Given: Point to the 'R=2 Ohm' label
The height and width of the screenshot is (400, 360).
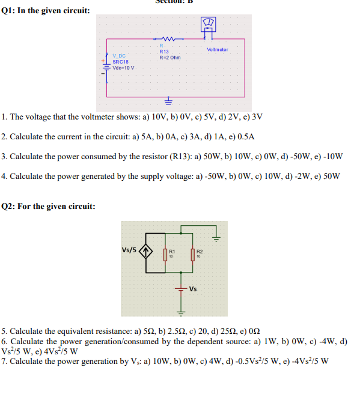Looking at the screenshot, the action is coord(169,58).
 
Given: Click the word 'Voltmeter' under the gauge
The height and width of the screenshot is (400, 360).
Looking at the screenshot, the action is coord(217,49).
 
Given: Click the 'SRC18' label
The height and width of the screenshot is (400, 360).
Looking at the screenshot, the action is coord(121,61).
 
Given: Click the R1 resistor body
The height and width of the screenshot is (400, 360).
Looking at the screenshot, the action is coord(165,254).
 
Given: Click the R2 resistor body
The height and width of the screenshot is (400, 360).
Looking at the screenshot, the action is coord(193,254).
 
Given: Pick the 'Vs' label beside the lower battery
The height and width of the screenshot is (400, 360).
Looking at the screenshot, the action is coord(193,289).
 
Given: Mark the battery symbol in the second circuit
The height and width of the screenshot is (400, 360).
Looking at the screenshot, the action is coord(180,289).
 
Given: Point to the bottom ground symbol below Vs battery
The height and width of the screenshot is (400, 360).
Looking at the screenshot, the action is coord(180,312).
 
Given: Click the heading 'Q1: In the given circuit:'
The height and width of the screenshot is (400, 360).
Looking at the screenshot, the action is coord(46,10).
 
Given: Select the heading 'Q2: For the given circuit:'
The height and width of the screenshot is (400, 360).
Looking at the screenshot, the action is coord(48,207).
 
